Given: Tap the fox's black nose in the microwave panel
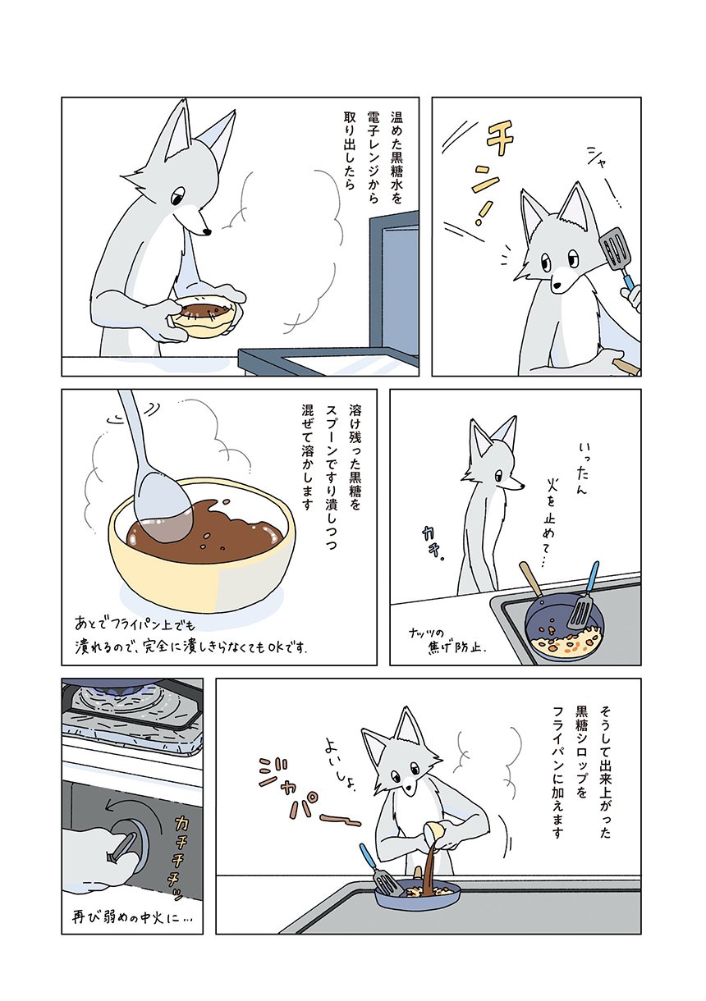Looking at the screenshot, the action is [x=207, y=231].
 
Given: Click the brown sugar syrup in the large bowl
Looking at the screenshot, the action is [x=206, y=531].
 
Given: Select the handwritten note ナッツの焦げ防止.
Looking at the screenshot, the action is [x=447, y=641].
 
